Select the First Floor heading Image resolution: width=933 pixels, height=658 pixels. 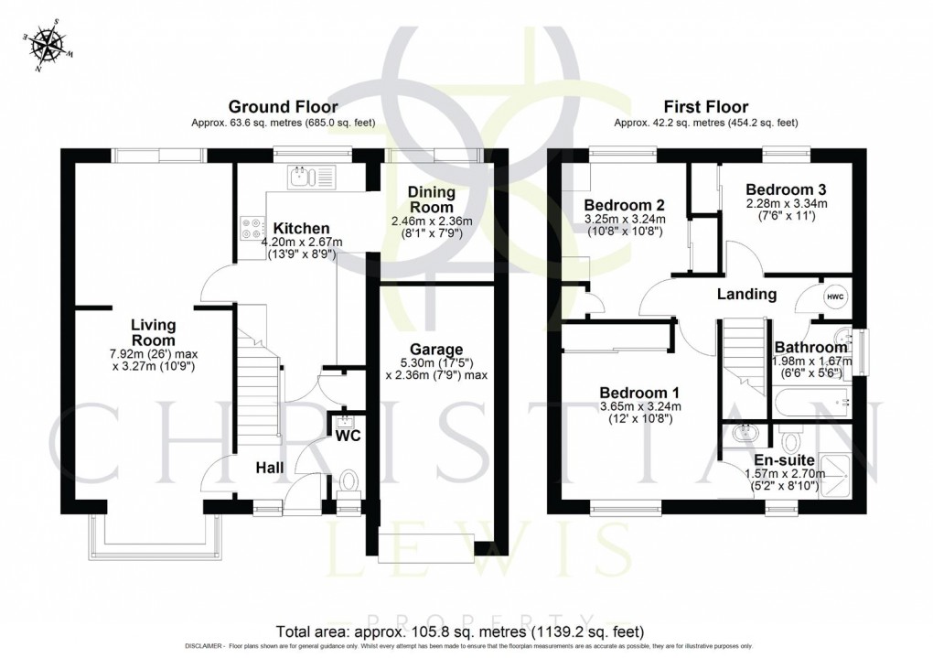[706, 107]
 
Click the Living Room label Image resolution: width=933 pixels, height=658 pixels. [153, 331]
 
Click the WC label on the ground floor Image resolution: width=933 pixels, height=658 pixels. [348, 436]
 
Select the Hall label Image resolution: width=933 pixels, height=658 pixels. [269, 468]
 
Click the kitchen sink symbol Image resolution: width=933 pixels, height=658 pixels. [312, 176]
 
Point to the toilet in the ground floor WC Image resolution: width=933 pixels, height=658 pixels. [348, 480]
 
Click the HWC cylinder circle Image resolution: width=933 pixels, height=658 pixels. [835, 297]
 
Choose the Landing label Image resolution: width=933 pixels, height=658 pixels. [746, 295]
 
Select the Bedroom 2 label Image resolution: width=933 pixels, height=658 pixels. [624, 204]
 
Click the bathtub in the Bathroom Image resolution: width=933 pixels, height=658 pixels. [810, 400]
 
